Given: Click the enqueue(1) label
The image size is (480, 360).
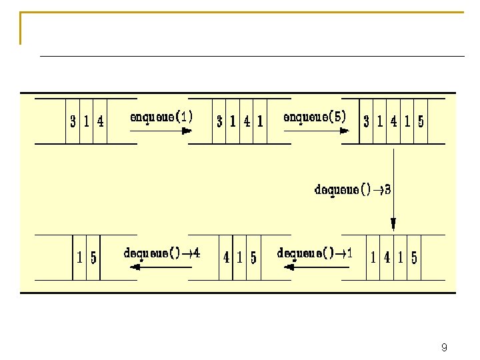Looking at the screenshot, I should [162, 117].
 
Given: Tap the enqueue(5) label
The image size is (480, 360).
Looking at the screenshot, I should [315, 117].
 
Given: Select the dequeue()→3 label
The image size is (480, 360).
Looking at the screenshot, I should [353, 189].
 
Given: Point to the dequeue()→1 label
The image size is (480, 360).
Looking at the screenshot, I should [315, 253].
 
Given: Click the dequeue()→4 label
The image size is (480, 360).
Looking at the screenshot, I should [162, 253].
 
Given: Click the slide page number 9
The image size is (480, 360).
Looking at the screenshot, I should [444, 348].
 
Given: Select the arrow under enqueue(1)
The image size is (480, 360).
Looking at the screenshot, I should [160, 131].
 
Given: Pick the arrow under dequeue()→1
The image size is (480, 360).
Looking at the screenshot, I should [316, 267].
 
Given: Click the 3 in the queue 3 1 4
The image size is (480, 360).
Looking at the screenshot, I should [73, 122].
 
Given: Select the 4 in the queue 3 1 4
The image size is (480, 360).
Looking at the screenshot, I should [100, 122].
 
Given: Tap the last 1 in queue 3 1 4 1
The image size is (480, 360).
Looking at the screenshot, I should [260, 122].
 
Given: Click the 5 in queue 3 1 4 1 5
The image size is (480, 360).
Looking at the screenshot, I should [421, 122].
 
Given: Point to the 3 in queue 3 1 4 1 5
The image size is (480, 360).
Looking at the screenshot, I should [366, 122].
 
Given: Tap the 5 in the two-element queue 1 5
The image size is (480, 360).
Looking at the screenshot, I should [93, 257].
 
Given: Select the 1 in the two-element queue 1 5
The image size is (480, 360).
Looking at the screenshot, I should [80, 257].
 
